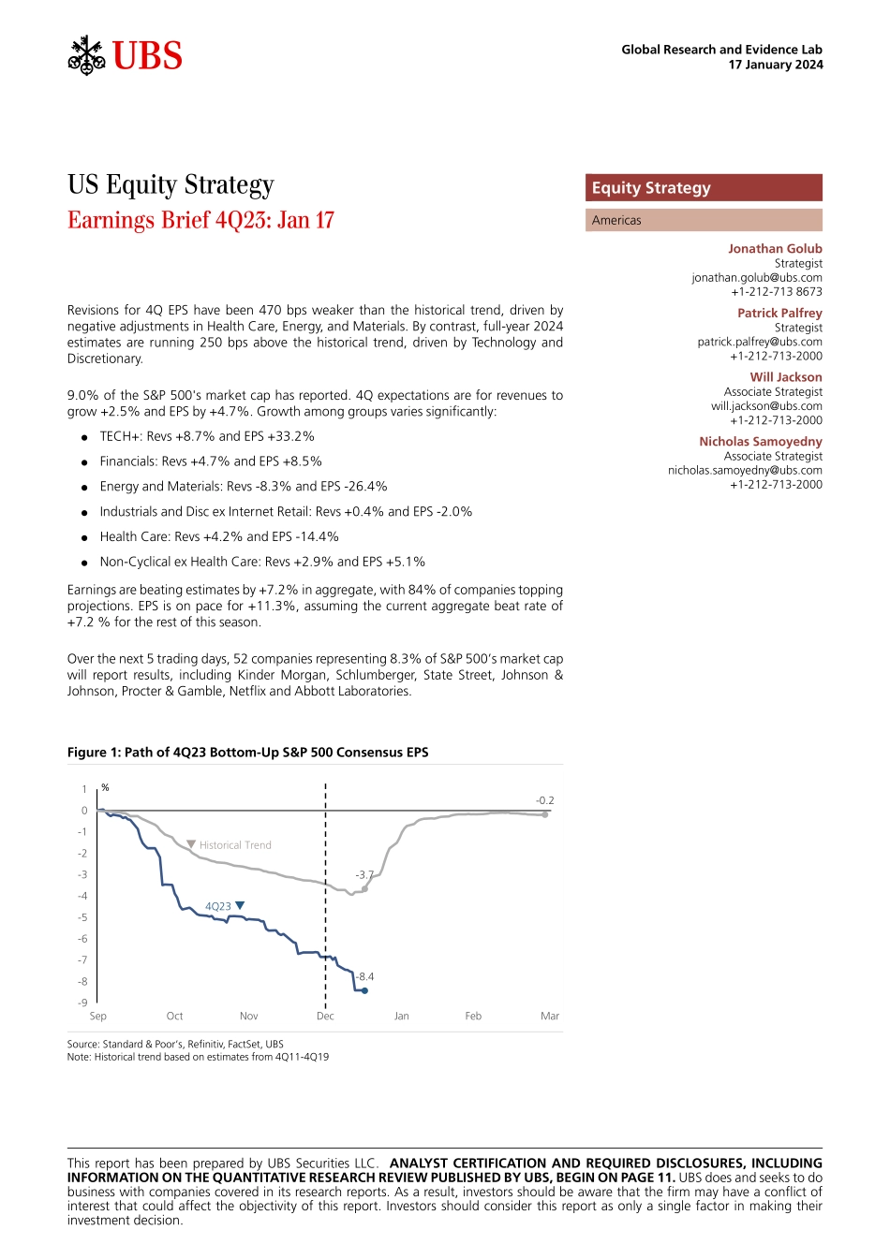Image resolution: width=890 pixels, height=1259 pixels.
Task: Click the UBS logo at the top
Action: coord(126,56)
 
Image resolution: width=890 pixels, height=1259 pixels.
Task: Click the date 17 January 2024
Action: coord(776,65)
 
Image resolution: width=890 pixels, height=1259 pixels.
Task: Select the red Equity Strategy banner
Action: coord(704,188)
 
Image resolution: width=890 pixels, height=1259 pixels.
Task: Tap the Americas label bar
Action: coord(704,220)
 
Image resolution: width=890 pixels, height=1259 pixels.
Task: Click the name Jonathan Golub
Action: coord(775,249)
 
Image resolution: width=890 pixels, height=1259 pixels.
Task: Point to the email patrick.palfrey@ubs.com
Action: coord(760,342)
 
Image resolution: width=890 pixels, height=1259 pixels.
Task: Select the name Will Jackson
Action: coord(786,377)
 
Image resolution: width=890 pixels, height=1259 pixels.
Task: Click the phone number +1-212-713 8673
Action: coord(777,291)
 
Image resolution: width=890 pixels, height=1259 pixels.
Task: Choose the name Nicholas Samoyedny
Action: coord(761,442)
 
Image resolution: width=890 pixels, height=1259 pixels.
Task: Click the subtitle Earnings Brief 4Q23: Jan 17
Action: coord(200,220)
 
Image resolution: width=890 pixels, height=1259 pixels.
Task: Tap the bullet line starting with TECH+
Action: coord(207,436)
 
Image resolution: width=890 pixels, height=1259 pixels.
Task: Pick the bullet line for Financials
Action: coord(211,461)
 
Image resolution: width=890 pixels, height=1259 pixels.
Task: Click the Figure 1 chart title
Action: coord(247,753)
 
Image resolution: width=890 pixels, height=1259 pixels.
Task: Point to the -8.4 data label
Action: coord(364,976)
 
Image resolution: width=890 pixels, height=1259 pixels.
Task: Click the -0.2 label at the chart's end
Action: coord(544,800)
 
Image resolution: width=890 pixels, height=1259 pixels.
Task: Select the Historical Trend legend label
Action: coord(235,845)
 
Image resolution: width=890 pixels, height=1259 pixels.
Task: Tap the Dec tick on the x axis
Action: coord(325,1016)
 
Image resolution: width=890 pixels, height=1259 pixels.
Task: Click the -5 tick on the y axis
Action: coord(82,917)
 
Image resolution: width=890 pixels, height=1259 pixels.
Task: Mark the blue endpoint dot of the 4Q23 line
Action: coord(364,990)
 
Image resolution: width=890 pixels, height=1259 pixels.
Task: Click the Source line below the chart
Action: coord(175,1044)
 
